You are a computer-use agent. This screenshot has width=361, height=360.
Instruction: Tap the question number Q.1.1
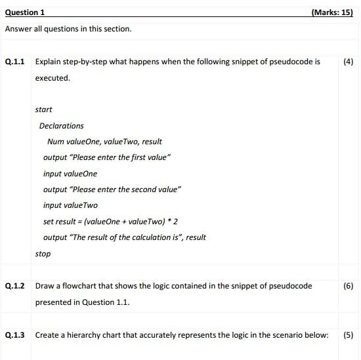[x=14, y=62]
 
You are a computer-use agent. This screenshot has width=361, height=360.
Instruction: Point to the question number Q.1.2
[x=14, y=286]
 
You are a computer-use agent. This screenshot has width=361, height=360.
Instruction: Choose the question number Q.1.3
[x=14, y=335]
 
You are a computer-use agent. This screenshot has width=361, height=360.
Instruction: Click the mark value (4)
[x=348, y=62]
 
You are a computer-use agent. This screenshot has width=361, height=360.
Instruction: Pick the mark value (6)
[x=348, y=286]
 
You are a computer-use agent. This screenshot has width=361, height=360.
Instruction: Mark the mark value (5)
[x=348, y=335]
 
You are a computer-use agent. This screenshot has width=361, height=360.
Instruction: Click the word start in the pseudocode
[x=43, y=110]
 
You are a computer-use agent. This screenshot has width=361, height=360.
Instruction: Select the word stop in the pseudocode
[x=43, y=254]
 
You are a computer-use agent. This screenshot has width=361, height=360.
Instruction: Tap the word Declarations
[x=61, y=126]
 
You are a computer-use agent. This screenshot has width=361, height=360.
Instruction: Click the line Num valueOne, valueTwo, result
[x=104, y=142]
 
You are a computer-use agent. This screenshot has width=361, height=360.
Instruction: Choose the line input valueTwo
[x=70, y=205]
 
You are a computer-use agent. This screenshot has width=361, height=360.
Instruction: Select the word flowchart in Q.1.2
[x=83, y=286]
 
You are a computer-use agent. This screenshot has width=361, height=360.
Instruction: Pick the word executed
[x=52, y=78]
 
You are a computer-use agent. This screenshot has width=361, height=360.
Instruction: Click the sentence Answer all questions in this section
[x=68, y=29]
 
